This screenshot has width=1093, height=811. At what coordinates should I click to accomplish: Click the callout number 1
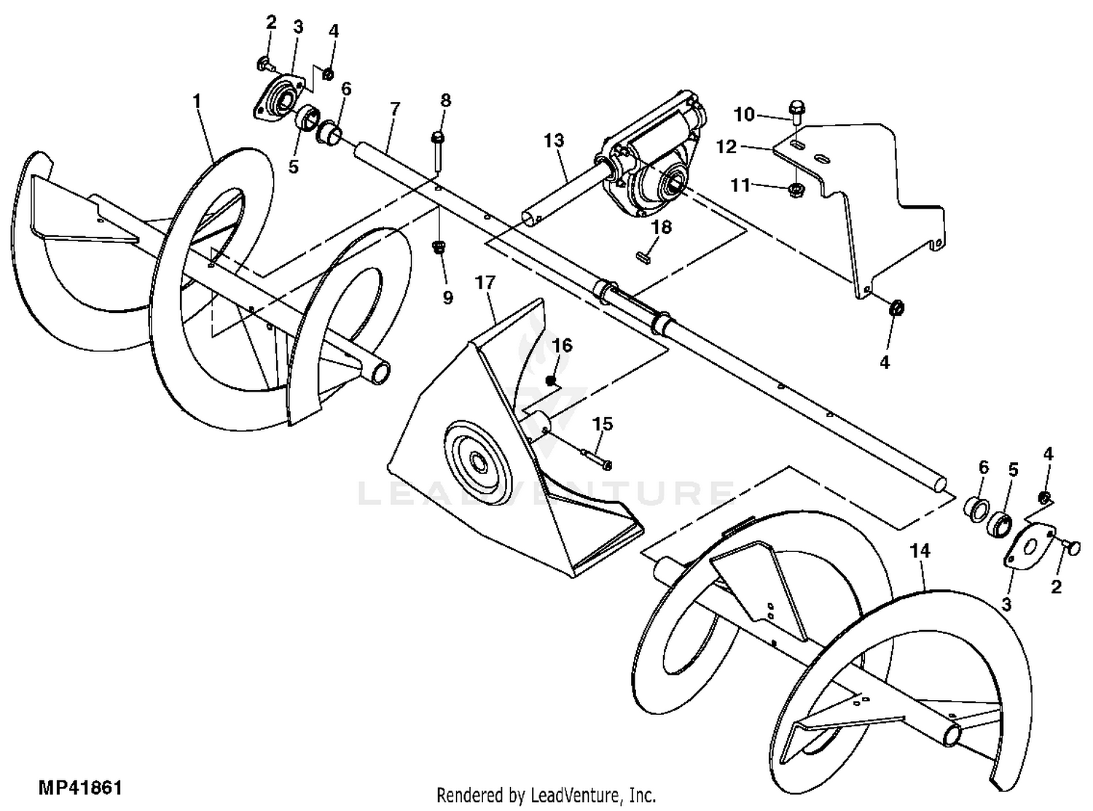[197, 101]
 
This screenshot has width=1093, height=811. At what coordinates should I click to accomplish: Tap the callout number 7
[394, 109]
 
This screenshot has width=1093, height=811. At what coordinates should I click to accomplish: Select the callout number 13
[554, 140]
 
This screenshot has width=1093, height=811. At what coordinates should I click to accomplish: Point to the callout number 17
[485, 282]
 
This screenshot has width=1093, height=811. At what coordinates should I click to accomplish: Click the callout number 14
[920, 551]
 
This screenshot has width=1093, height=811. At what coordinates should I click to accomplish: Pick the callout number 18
[661, 228]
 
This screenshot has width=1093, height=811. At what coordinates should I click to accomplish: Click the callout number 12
[726, 147]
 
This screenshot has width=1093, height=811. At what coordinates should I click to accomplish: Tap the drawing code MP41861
[80, 788]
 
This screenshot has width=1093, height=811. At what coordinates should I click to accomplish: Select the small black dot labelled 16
[552, 381]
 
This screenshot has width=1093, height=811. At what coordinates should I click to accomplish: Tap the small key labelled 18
[643, 256]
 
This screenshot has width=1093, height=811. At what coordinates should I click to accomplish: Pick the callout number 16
[562, 344]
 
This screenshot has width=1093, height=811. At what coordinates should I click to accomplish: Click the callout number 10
[744, 115]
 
